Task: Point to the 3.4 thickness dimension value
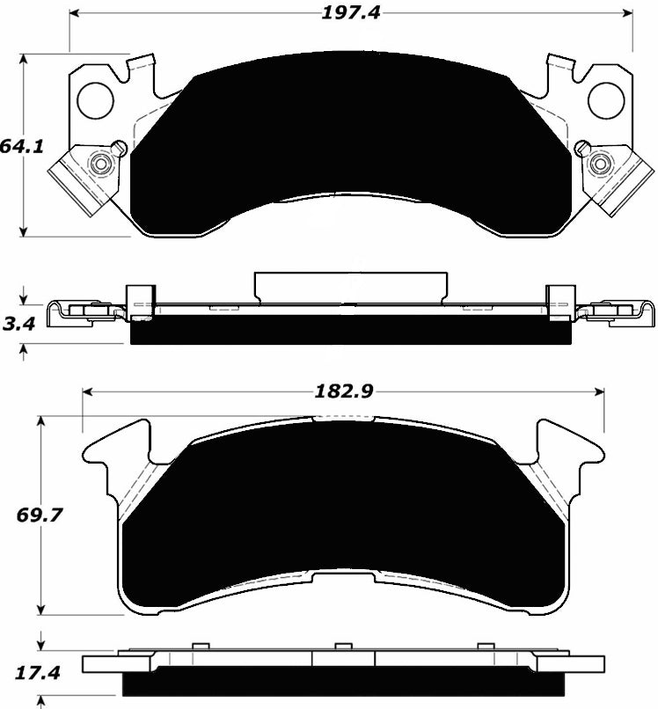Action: (18, 324)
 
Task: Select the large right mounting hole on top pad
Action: (606, 100)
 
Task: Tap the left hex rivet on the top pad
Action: (100, 164)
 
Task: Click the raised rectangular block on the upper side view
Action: (349, 288)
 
